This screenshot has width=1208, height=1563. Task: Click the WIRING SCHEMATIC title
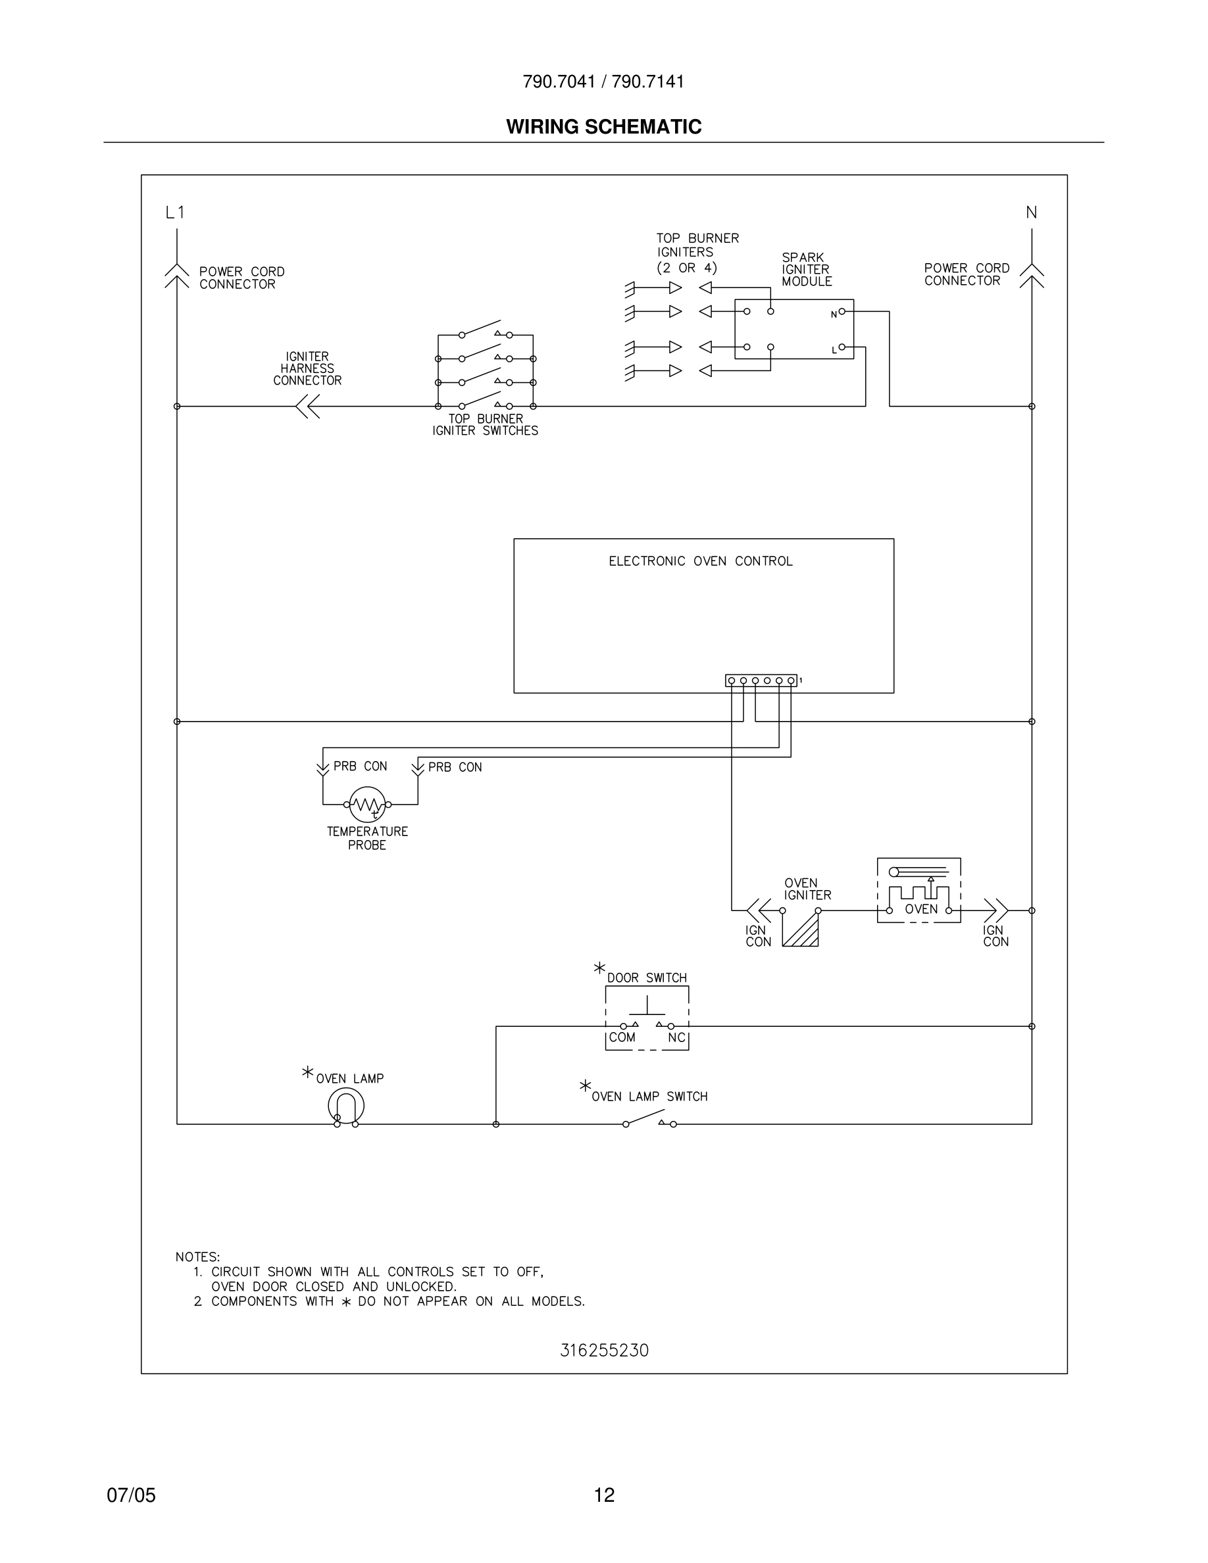click(x=603, y=127)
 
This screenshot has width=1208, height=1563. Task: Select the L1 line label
click(x=174, y=212)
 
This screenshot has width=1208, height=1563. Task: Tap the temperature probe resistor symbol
click(x=367, y=805)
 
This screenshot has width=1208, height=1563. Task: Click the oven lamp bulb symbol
click(x=346, y=1106)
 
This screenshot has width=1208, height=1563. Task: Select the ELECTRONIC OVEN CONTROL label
click(x=701, y=562)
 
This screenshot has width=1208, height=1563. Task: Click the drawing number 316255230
click(x=604, y=1351)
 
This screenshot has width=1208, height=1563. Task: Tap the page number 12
click(x=604, y=1495)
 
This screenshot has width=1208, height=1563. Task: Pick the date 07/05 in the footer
click(x=131, y=1495)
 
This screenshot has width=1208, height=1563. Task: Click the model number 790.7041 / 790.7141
click(x=603, y=82)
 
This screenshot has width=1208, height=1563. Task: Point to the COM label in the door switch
click(x=622, y=1037)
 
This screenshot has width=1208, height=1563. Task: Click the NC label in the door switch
click(x=676, y=1037)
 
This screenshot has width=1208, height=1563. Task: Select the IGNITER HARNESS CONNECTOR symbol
click(x=308, y=407)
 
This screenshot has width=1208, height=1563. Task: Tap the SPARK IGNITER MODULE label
click(x=807, y=270)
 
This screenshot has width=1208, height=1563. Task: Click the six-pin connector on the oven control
click(x=761, y=681)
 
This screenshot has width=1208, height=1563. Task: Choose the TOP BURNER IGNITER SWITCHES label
click(x=485, y=425)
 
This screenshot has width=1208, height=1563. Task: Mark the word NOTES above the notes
click(x=197, y=1256)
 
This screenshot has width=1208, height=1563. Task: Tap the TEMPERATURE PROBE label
click(x=367, y=838)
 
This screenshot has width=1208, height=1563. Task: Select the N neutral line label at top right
click(x=1031, y=212)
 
